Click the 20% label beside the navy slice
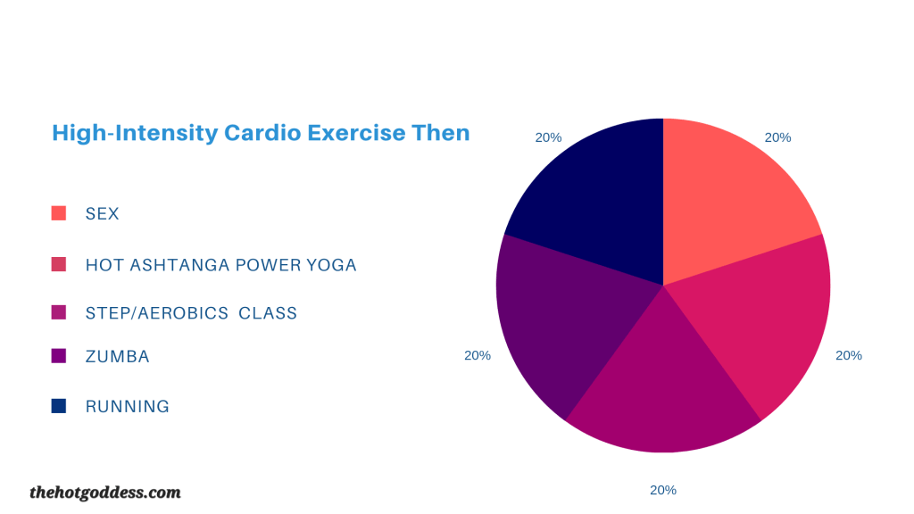549,137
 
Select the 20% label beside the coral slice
777,137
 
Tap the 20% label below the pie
663,490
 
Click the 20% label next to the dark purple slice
478,355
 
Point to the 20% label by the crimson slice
849,355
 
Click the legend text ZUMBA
117,357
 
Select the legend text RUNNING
127,406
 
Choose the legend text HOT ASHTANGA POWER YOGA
221,265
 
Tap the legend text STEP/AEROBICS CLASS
191,313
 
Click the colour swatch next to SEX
58,213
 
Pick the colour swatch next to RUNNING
58,406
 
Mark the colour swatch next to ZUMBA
58,355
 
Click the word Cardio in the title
262,133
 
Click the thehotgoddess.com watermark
105,493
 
